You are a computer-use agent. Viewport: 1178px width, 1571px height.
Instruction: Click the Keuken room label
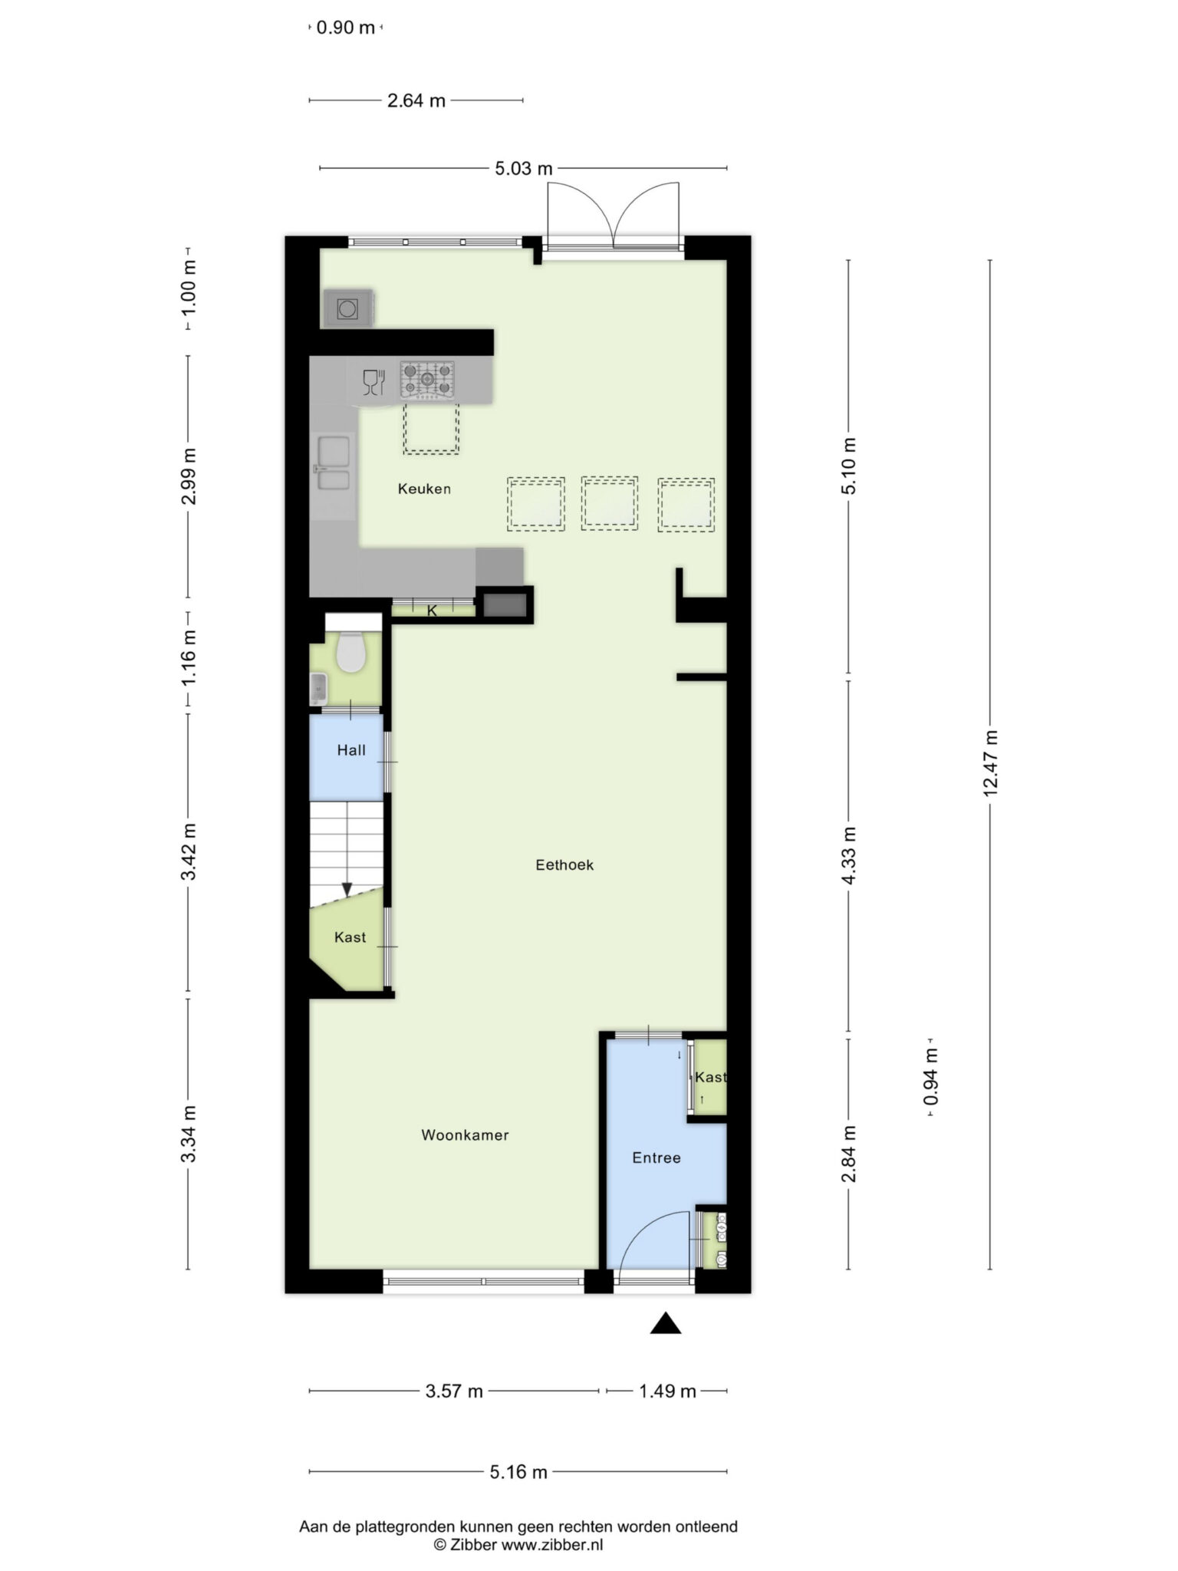pos(424,489)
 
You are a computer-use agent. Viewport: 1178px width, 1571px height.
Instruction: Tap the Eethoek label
pos(564,865)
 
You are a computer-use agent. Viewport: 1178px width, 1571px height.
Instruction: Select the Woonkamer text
pos(465,1135)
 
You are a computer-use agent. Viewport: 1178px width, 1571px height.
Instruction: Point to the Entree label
pos(656,1158)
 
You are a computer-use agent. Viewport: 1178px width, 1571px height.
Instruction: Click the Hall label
pos(351,750)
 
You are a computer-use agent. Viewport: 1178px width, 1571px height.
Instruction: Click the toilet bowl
pos(351,651)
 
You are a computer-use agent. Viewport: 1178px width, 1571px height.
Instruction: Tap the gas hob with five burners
pos(427,380)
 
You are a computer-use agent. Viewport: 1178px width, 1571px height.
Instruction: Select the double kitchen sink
pos(334,463)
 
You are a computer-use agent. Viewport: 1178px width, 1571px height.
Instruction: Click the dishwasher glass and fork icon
pos(373,381)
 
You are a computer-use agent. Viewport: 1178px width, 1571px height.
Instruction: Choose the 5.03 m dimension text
pos(524,168)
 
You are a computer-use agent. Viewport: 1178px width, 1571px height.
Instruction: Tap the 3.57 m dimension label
pos(454,1391)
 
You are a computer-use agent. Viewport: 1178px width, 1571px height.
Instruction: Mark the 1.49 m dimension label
pos(667,1391)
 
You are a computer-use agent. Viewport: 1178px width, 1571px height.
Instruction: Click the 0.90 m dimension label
pos(346,28)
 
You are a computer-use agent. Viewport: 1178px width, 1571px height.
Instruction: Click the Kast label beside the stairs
pos(350,937)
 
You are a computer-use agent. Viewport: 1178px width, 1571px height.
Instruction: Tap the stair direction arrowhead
pos(347,890)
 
